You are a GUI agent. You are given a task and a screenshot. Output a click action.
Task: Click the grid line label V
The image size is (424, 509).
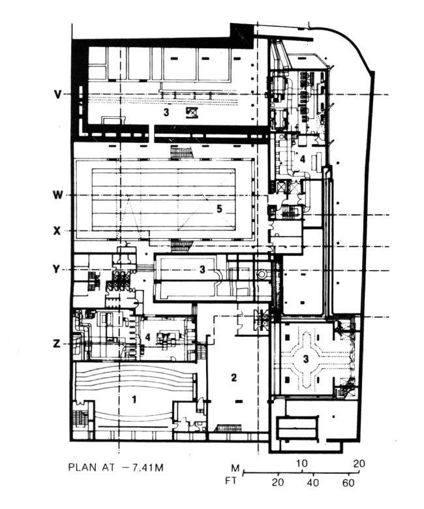tap(57, 94)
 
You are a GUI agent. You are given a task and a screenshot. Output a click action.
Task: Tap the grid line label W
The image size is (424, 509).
tap(57, 195)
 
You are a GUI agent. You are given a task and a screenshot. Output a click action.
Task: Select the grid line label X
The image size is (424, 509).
tap(57, 231)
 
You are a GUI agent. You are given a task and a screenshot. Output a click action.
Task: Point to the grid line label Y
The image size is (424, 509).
tap(57, 269)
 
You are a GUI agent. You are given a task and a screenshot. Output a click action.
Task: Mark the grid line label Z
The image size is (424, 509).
tap(57, 343)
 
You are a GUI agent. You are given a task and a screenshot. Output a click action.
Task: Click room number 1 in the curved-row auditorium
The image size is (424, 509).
tap(134, 399)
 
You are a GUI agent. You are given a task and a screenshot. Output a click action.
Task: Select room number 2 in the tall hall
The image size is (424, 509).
tap(234, 378)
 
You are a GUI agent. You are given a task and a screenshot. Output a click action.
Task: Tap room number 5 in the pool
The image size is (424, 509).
tap(219, 209)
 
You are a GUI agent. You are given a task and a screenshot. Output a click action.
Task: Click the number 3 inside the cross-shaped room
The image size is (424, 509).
tap(305, 359)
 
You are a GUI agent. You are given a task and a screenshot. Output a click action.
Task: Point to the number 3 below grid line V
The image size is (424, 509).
tap(166, 112)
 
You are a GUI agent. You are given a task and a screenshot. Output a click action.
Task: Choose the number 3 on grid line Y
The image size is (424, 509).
tap(202, 269)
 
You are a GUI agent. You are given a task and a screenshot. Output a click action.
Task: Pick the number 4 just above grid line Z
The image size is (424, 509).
tap(147, 337)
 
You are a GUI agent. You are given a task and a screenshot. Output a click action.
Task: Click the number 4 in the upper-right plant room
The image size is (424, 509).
tap(303, 159)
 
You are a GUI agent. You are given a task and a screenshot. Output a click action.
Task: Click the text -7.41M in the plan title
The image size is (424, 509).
tap(143, 467)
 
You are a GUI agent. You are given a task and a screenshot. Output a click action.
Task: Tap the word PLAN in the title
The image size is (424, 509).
tap(82, 467)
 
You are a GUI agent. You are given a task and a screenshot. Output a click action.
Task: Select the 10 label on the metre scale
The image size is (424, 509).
tap(301, 463)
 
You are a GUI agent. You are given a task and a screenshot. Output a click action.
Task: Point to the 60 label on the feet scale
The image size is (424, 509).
tap(348, 483)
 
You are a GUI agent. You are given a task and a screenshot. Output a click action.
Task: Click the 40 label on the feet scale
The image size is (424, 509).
tap(312, 483)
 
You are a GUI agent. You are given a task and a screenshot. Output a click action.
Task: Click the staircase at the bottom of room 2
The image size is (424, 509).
tap(229, 428)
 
